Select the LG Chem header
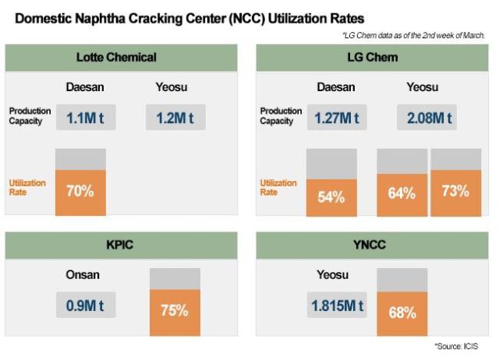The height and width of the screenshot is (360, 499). tap(372, 57)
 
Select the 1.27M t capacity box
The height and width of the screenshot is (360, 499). tap(337, 118)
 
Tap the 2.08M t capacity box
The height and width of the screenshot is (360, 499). tap(427, 118)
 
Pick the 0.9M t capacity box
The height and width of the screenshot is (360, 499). tap(86, 305)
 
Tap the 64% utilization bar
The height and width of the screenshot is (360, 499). tap(402, 192)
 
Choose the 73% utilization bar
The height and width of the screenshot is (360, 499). tap(455, 191)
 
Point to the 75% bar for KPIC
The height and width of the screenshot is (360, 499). tap(175, 309)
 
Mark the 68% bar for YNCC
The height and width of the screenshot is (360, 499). tap(402, 313)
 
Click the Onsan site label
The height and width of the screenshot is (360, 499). tap(85, 274)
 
